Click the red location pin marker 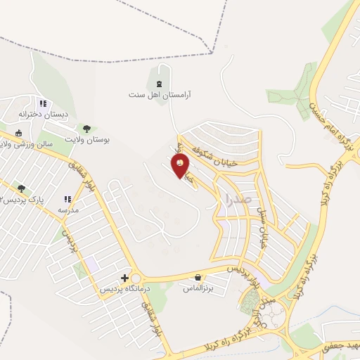[x=180, y=165]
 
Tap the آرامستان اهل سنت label [x=160, y=94]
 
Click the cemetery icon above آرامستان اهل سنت [x=159, y=84]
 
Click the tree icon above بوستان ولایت [x=86, y=129]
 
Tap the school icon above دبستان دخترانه [x=43, y=103]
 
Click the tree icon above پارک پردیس [x=21, y=188]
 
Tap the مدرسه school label [x=67, y=210]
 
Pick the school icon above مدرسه [x=67, y=200]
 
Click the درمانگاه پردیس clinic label [x=103, y=288]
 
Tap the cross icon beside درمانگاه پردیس [x=125, y=278]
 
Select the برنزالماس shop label [x=198, y=288]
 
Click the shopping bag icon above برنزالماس [x=198, y=278]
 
